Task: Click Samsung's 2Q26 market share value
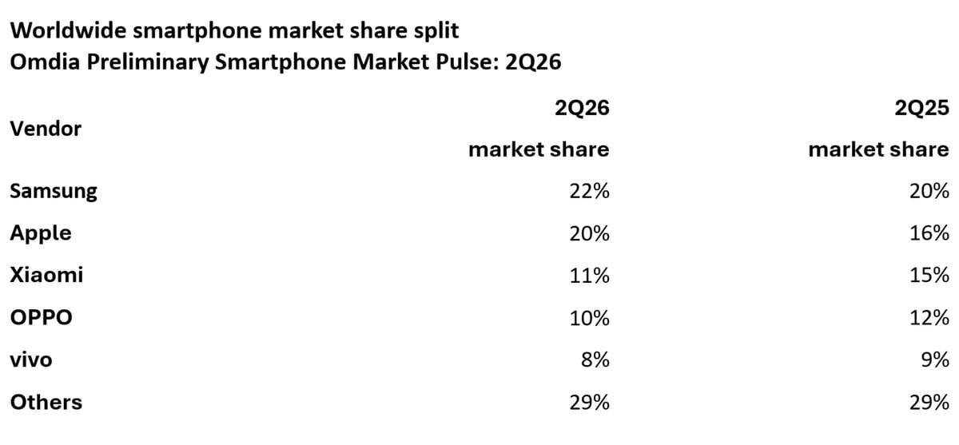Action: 589,191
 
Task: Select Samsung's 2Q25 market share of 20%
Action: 929,191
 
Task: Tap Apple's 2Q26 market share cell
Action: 589,233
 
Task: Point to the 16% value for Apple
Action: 929,233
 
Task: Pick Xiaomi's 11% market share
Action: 589,275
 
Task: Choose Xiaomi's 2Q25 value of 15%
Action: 929,275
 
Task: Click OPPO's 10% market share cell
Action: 589,318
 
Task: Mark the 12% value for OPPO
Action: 929,318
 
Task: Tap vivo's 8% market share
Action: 595,360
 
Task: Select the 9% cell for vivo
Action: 935,360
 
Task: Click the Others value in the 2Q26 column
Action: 589,402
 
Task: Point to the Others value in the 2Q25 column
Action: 929,402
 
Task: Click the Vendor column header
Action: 46,129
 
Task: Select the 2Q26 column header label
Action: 582,108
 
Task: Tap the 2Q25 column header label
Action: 921,108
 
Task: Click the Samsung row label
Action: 54,191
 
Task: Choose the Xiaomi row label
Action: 46,275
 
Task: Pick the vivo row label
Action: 31,360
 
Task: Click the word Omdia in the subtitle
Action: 45,62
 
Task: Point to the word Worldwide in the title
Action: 68,30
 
